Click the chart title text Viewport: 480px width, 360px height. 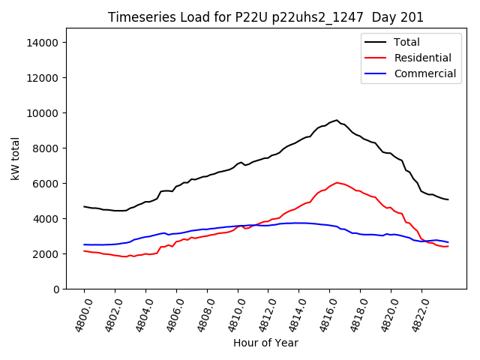[x=265, y=17]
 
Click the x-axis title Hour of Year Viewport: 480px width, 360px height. [x=265, y=343]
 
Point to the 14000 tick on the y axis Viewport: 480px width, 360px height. [x=43, y=43]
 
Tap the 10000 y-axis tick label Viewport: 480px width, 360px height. [x=43, y=113]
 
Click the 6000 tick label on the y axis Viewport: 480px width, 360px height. [x=46, y=184]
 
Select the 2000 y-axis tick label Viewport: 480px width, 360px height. [x=46, y=254]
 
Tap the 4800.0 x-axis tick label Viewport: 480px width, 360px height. [x=79, y=315]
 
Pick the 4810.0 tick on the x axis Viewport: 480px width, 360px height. [x=232, y=315]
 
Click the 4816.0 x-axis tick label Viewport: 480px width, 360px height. [x=325, y=315]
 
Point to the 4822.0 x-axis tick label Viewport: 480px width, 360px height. [x=417, y=315]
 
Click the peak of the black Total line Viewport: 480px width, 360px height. [x=337, y=120]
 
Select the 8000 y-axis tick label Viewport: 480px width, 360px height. [x=46, y=148]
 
